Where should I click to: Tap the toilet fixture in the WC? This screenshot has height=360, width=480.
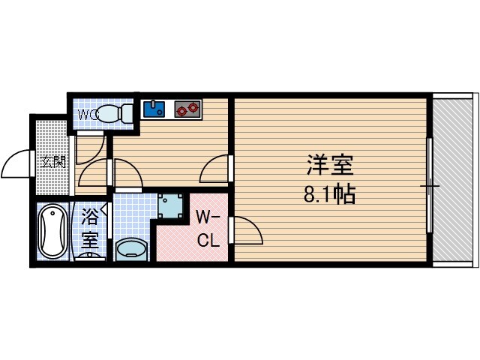point(115,114)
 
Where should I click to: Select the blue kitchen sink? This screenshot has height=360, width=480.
point(156,109)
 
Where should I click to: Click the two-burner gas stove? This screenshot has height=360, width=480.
point(187,109)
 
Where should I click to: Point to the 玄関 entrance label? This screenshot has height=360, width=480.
point(52,161)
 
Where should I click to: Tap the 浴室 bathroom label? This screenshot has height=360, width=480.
point(90,229)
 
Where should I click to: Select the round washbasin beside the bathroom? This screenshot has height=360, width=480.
point(133,248)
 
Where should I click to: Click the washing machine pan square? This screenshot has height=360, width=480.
point(172,205)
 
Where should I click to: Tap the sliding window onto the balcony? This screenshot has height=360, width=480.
point(430,184)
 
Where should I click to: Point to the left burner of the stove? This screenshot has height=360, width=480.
point(181,109)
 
